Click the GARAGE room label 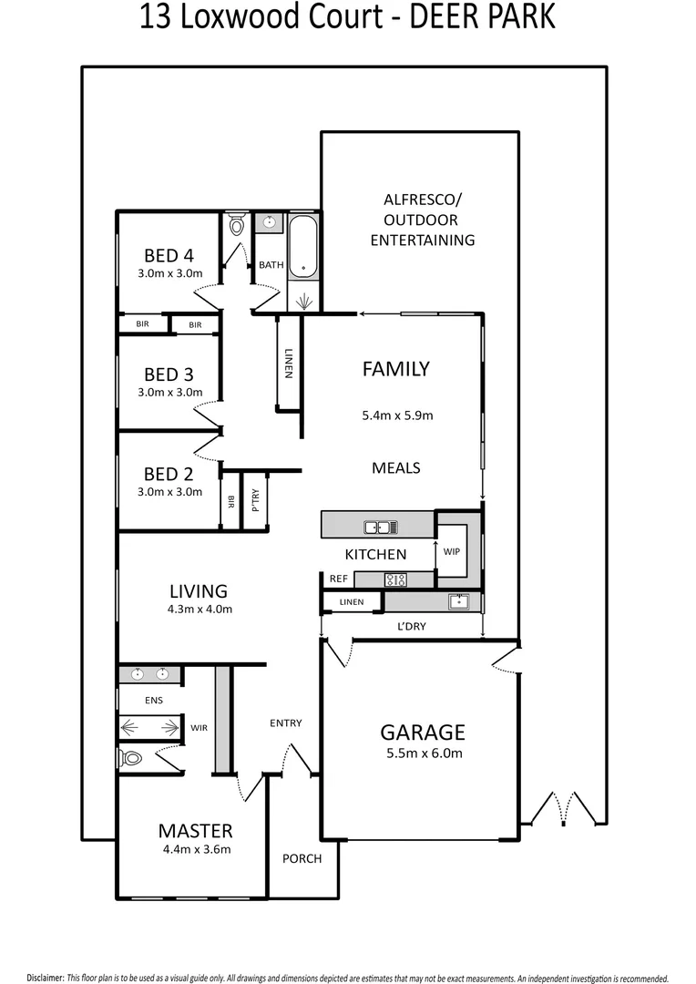coord(422,732)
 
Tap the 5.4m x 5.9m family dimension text coord(396,415)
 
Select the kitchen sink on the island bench coord(379,526)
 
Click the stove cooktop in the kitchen coord(395,579)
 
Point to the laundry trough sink coord(458,601)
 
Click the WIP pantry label coord(451,552)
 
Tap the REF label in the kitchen coord(337,579)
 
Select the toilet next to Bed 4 coord(237,224)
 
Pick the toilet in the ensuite coord(132,757)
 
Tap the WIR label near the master coord(200,728)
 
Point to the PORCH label coord(302,858)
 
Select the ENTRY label coord(285,723)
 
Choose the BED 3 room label coord(169,374)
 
